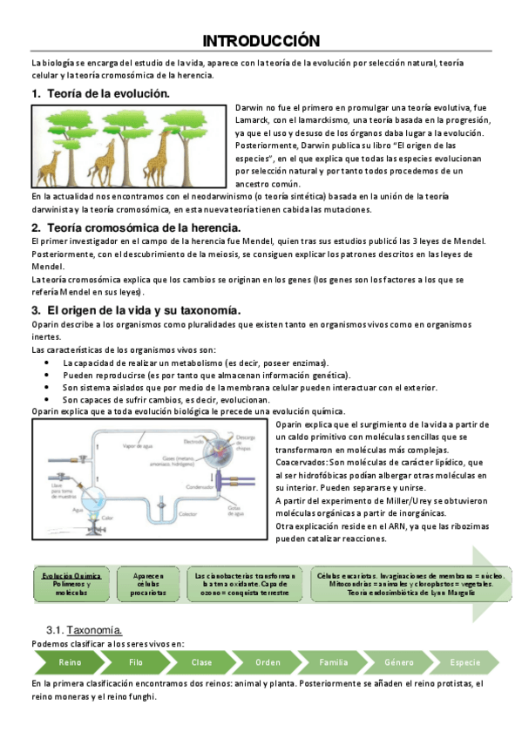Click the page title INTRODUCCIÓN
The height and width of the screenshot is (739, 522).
pyautogui.click(x=261, y=41)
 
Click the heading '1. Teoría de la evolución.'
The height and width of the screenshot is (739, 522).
pyautogui.click(x=100, y=92)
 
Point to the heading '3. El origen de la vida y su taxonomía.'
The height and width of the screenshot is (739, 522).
pyautogui.click(x=135, y=309)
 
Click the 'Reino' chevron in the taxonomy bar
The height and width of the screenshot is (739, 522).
pyautogui.click(x=70, y=662)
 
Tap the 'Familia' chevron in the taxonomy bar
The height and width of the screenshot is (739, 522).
pyautogui.click(x=333, y=662)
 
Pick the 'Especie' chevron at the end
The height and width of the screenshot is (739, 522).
pyautogui.click(x=463, y=662)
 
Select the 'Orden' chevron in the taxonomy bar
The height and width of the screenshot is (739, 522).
pyautogui.click(x=268, y=662)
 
